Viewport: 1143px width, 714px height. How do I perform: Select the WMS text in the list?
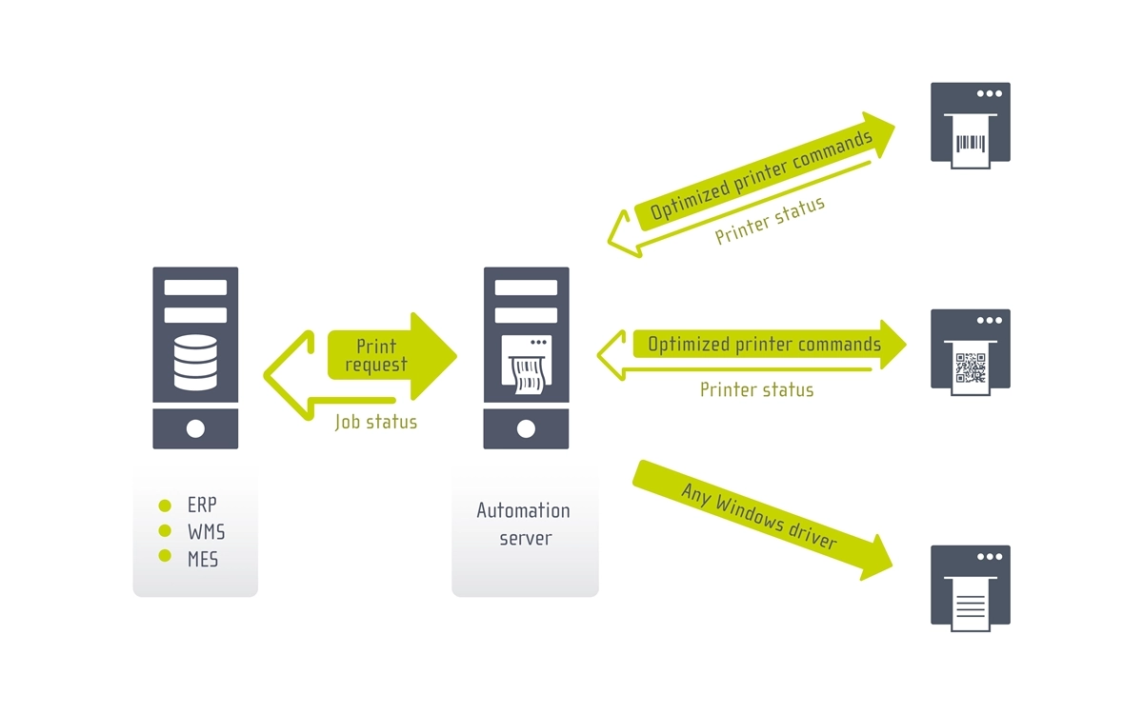(207, 532)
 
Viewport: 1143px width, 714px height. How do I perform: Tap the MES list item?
(203, 559)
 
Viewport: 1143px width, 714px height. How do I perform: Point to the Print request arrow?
(391, 355)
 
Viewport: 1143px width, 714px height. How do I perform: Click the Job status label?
(375, 422)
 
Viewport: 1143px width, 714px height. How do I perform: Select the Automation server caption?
(524, 524)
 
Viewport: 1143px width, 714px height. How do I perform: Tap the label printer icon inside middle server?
(526, 364)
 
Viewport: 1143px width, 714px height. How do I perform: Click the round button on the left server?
(195, 428)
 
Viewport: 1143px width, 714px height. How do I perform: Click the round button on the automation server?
(526, 428)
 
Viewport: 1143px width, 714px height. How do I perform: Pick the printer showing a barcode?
(970, 125)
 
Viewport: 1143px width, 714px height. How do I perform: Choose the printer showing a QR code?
(970, 351)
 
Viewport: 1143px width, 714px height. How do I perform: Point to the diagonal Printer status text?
(770, 221)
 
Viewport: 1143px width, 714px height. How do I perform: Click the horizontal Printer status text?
(756, 389)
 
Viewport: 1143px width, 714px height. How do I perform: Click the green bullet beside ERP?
(165, 506)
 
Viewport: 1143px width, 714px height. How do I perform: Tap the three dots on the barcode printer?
(989, 93)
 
